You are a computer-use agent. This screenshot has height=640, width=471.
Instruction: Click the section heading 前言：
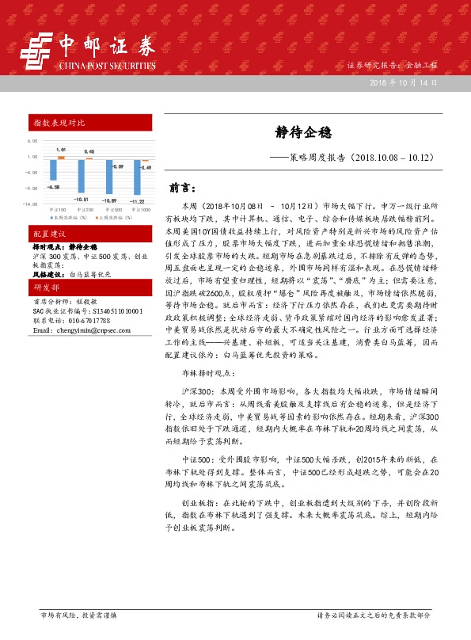(184, 189)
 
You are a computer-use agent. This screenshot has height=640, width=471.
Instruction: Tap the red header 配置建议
(48, 235)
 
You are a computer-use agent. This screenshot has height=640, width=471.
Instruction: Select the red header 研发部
(46, 287)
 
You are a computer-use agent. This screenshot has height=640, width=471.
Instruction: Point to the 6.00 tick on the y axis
(32, 141)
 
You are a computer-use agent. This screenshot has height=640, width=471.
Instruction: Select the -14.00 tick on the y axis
(31, 204)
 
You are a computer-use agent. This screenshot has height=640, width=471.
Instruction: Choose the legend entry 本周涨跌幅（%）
(69, 216)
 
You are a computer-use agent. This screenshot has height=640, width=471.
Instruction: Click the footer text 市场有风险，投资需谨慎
(78, 614)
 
